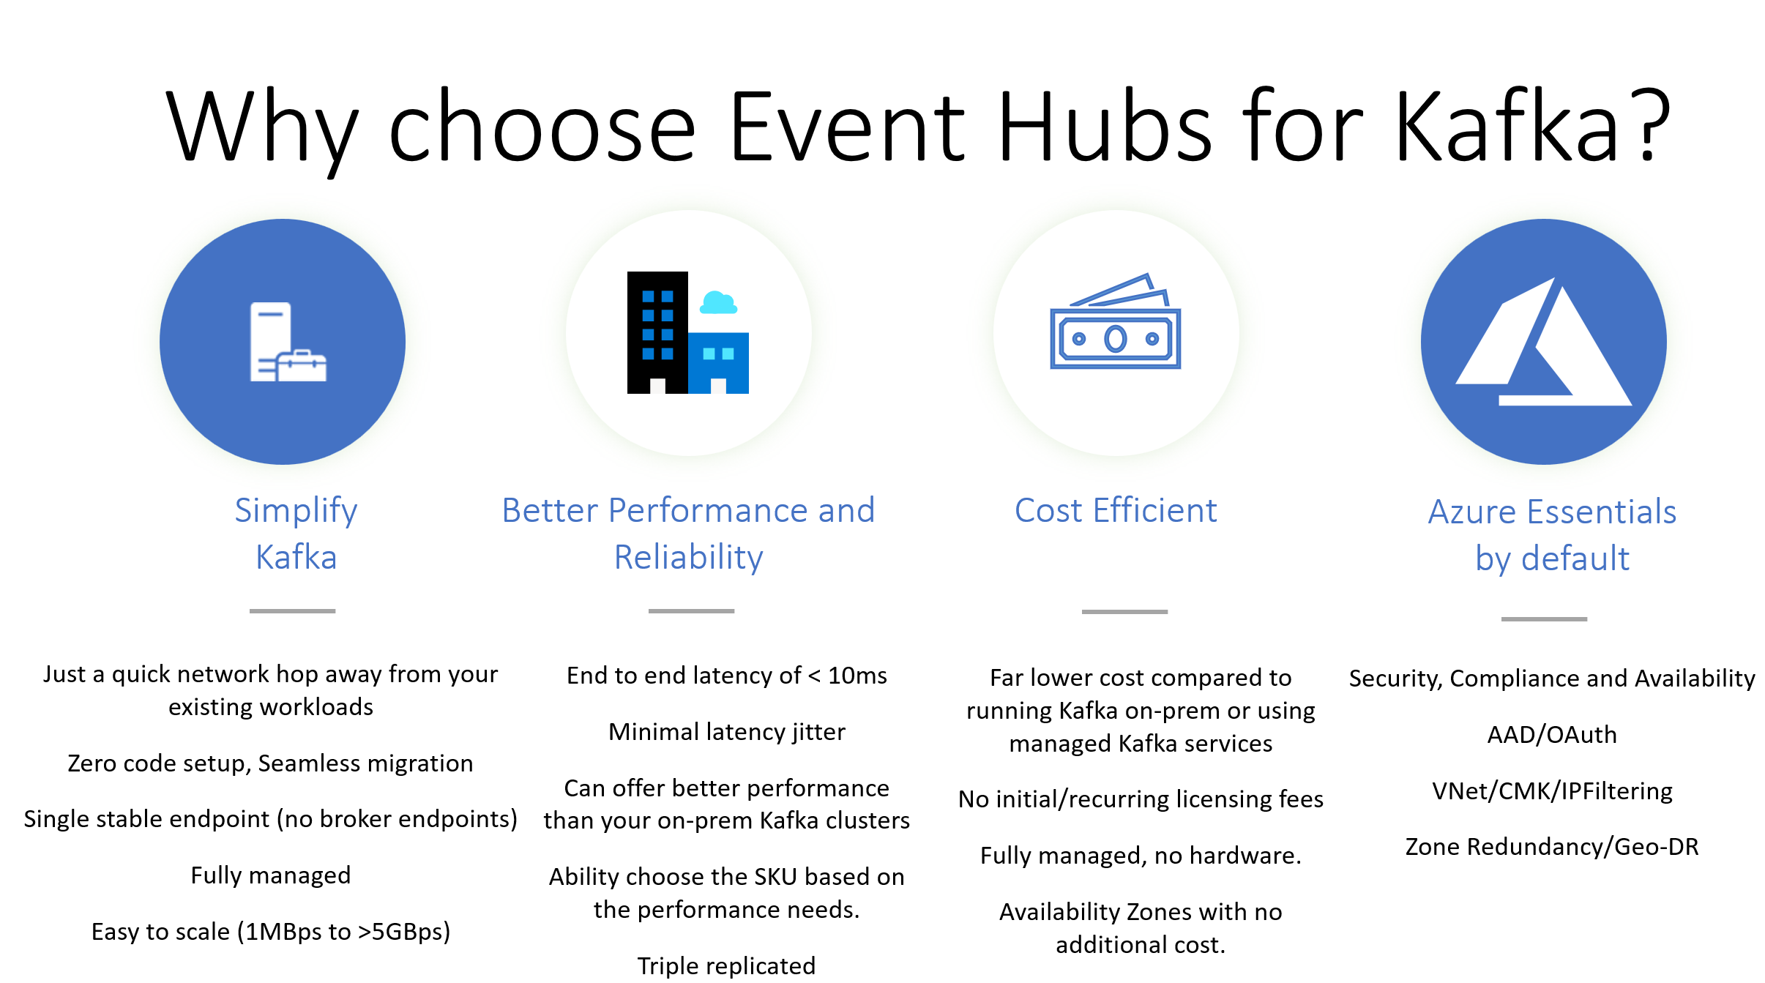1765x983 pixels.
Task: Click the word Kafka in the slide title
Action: coord(1509,125)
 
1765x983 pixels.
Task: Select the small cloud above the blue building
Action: coord(718,302)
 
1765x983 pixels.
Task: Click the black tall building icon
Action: coord(657,332)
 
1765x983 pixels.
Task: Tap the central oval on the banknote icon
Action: coord(1116,339)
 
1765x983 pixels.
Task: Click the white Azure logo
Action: coord(1544,342)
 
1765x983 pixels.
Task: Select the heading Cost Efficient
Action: coord(1116,510)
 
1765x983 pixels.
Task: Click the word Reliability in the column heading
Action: coord(689,558)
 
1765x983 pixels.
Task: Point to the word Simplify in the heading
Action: coord(296,511)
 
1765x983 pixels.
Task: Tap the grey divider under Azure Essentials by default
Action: coord(1544,619)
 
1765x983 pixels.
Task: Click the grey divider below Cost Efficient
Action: coord(1124,612)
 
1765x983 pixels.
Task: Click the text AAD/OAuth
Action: coord(1552,734)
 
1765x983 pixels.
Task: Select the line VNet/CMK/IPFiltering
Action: coord(1552,790)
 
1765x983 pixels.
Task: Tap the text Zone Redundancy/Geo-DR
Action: coord(1552,847)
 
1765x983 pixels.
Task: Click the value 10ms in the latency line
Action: coord(857,676)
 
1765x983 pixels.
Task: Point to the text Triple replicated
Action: coord(726,966)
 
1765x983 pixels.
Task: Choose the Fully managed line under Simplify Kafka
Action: coord(271,875)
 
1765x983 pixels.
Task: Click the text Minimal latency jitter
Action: coord(727,732)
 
